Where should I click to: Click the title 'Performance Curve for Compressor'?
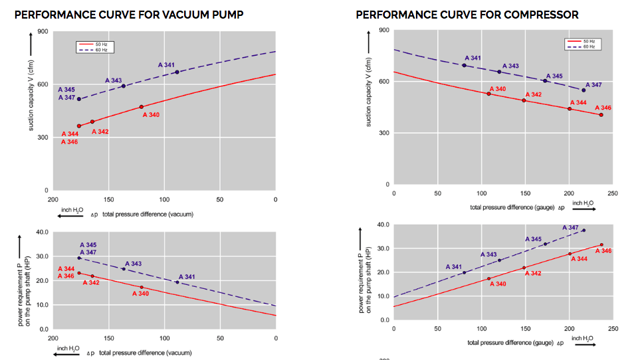[467, 14]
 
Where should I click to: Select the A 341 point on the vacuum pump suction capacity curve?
[177, 72]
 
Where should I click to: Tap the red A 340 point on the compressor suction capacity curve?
[488, 94]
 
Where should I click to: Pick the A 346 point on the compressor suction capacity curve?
[601, 115]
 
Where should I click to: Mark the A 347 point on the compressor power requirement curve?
[584, 230]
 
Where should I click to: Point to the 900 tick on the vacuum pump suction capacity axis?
[43, 31]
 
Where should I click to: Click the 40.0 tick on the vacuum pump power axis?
[41, 232]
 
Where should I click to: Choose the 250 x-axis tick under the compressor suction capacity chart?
[612, 193]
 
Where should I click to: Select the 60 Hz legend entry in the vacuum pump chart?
[92, 50]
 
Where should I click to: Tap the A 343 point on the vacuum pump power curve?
[124, 268]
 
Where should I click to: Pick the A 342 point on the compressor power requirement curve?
[524, 268]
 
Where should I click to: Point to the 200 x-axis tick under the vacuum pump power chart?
[52, 338]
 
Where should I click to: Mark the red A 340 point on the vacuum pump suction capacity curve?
[141, 107]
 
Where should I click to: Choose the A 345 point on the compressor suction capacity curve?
[545, 81]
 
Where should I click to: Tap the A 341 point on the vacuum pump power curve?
[177, 282]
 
